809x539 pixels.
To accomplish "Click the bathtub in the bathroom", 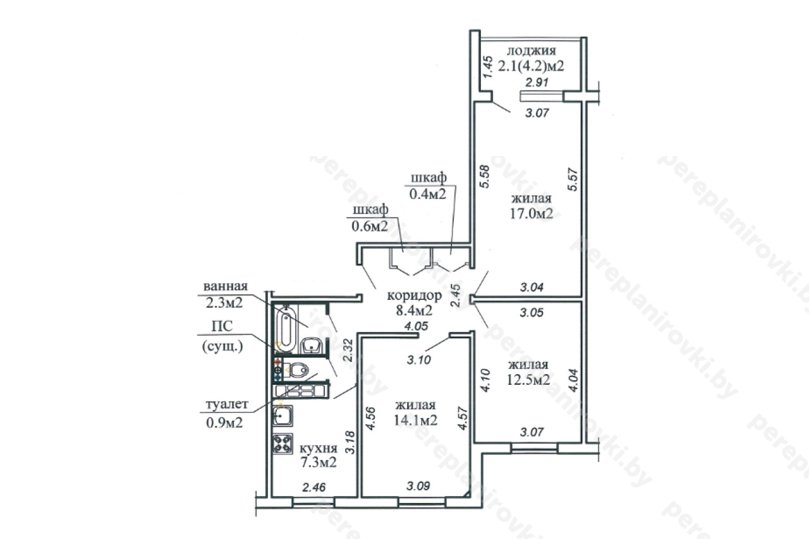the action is [x=286, y=329].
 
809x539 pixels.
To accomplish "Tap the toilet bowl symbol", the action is [x=298, y=370].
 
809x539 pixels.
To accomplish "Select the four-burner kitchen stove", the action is [x=283, y=444].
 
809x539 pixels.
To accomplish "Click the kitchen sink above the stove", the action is [x=283, y=416].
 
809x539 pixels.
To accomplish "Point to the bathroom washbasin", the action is [x=312, y=346].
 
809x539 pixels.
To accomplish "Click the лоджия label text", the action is [x=532, y=51].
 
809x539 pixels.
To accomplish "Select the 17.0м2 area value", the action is [x=532, y=214].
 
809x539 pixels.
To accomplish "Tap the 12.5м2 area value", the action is [x=528, y=380].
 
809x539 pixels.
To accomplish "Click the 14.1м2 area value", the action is [x=416, y=420].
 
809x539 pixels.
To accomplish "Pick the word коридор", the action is [x=414, y=296].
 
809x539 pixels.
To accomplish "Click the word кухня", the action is [x=319, y=449].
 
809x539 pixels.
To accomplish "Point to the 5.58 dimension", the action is [x=484, y=176].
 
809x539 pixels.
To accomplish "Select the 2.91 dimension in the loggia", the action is [x=537, y=83].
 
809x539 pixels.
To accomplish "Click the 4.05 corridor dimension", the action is [x=416, y=326].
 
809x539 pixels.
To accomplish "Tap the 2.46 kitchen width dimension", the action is [x=314, y=487].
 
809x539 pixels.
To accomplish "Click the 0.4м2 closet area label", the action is [x=428, y=194].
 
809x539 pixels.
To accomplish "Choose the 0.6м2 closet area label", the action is [x=370, y=226].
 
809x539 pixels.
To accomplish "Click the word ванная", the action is [x=226, y=286].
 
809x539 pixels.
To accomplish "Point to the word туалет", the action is [x=227, y=404].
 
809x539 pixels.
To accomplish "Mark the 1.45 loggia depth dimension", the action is [x=488, y=67].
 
